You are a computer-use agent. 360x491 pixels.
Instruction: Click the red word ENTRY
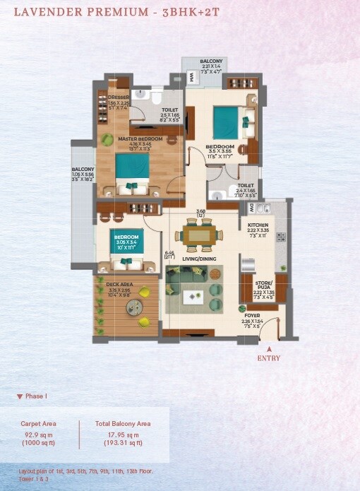click(x=268, y=358)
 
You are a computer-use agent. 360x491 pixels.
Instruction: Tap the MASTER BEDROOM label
click(x=140, y=139)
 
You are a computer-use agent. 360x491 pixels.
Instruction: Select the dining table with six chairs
click(x=200, y=234)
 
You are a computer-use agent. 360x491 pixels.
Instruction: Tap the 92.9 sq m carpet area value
click(x=39, y=434)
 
